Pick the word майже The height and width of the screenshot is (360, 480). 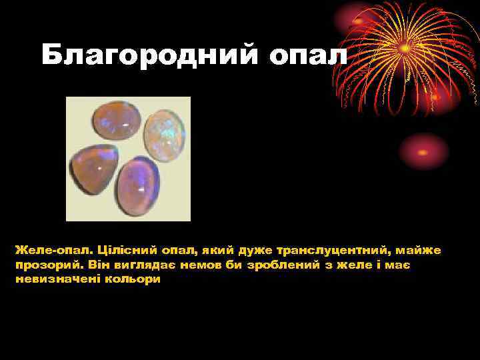[423, 251]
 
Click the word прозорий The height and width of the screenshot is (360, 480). [44, 265]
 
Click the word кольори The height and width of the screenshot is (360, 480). [134, 279]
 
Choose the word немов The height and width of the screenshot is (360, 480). [201, 265]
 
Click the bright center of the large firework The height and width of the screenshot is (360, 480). [405, 48]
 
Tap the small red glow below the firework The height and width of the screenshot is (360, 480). [425, 151]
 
